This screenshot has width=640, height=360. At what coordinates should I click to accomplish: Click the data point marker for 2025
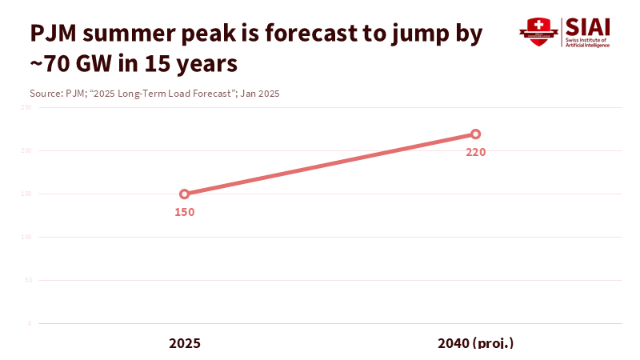(x=185, y=194)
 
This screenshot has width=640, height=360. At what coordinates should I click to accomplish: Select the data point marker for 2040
(x=475, y=134)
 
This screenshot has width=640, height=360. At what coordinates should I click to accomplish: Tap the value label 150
(x=185, y=212)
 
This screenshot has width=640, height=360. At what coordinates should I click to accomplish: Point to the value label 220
(x=476, y=152)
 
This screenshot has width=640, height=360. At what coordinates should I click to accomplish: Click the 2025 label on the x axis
(x=185, y=342)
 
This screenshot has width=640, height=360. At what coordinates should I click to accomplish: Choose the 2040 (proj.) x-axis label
(x=475, y=342)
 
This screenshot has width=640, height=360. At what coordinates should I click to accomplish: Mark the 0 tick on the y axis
(x=29, y=323)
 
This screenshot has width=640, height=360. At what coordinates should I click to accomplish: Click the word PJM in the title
(x=58, y=34)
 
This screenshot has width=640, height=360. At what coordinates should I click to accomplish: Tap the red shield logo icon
(x=534, y=31)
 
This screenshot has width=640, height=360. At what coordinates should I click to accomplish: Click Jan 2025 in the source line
(x=260, y=94)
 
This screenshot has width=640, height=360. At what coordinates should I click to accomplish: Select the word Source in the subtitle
(x=45, y=94)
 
